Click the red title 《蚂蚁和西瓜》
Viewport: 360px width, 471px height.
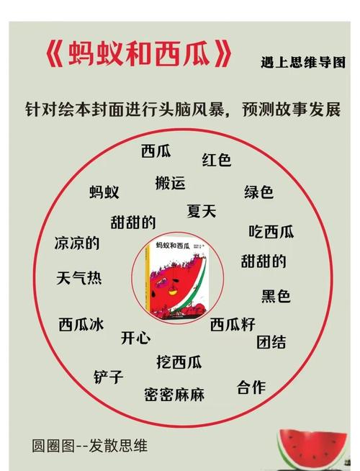click(139, 54)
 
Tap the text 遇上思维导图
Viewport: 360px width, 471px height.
click(303, 62)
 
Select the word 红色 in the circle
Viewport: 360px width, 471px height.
click(217, 159)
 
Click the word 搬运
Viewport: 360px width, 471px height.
click(170, 183)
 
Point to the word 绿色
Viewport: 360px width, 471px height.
click(258, 192)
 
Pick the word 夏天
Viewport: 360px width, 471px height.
click(202, 211)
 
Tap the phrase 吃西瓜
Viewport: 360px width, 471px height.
click(271, 232)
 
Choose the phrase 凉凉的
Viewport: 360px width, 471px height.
click(77, 243)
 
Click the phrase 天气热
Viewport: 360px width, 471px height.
click(79, 277)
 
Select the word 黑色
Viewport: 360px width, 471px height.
click(276, 296)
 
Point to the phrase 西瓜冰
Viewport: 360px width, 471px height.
click(81, 324)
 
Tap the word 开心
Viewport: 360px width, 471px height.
click(135, 338)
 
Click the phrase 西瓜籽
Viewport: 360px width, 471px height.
click(233, 324)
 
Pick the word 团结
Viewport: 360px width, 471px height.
click(271, 342)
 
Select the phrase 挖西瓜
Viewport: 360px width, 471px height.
click(179, 362)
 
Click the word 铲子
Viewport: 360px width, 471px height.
click(109, 377)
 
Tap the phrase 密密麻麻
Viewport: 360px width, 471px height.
click(174, 395)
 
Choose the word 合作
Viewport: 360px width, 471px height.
click(251, 387)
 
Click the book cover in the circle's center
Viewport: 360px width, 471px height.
click(177, 278)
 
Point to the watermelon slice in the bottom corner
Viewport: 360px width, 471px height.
click(312, 449)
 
